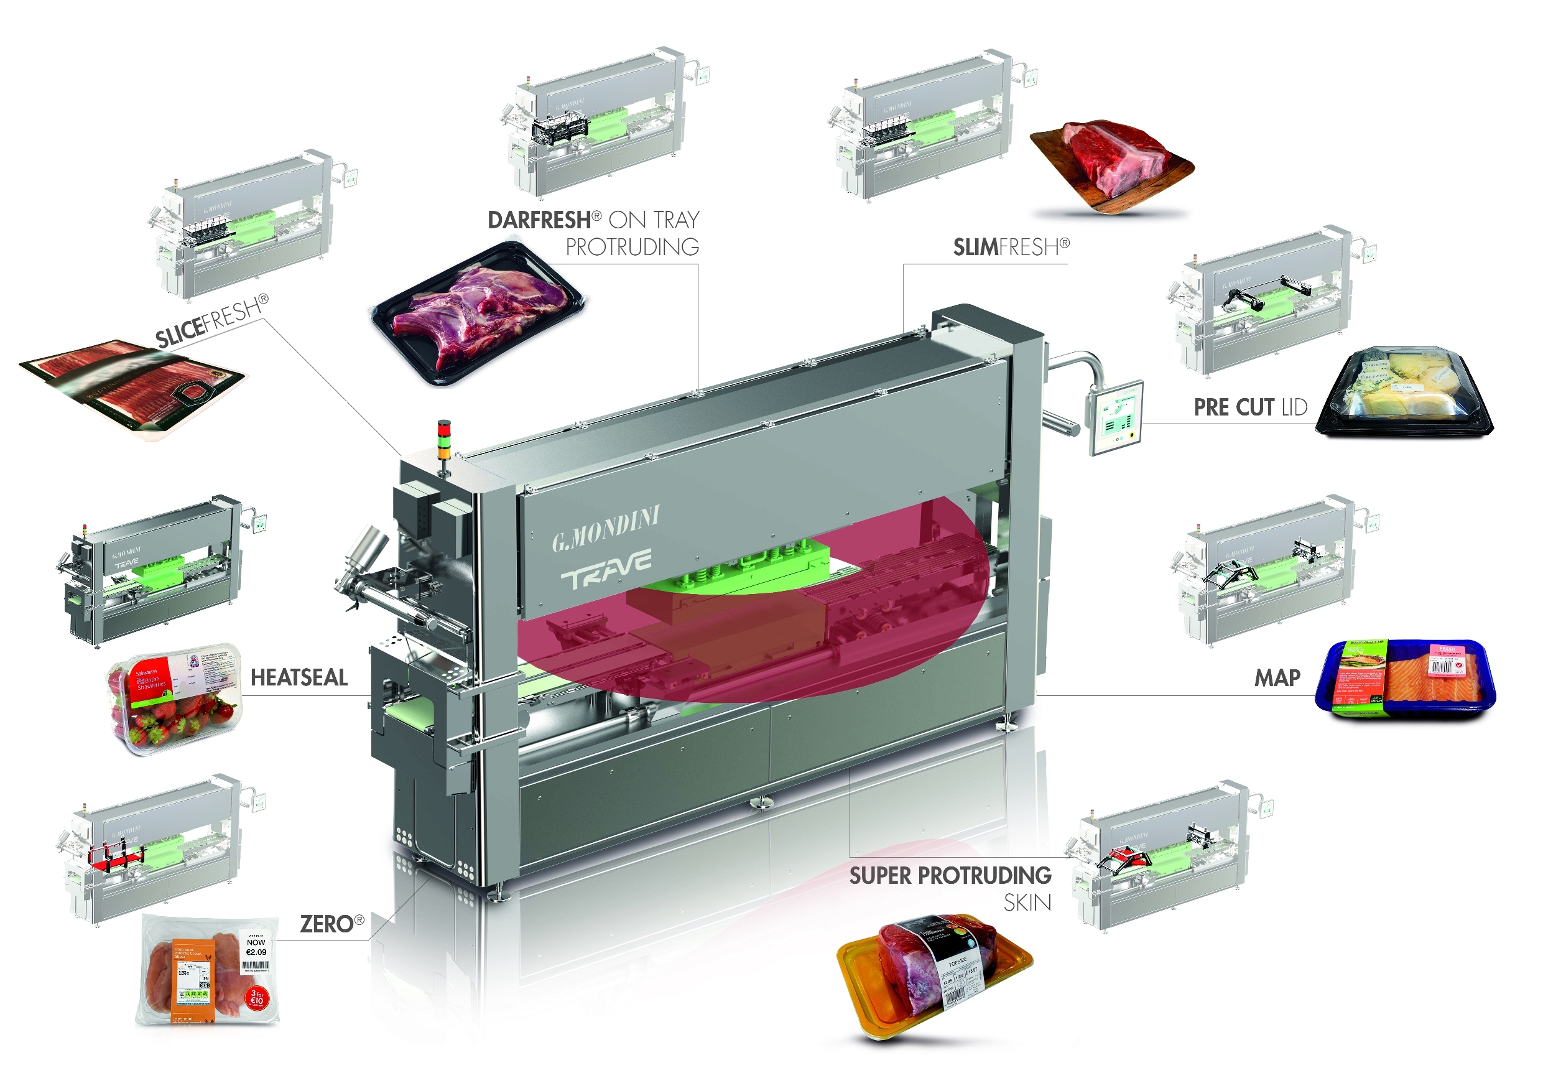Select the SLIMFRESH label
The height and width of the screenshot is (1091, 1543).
tap(1011, 248)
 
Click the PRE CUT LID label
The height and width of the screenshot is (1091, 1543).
tap(1250, 407)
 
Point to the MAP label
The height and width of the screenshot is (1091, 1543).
tap(1277, 677)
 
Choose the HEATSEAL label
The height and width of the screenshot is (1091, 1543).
tap(299, 677)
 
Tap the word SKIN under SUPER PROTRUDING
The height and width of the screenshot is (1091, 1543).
tap(1027, 903)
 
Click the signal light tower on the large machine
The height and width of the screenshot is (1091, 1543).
tap(443, 441)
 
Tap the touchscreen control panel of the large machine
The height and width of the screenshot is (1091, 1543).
tap(1115, 417)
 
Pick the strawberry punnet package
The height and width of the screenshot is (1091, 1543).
tap(174, 699)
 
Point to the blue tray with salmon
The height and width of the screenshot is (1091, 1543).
tap(1406, 679)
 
